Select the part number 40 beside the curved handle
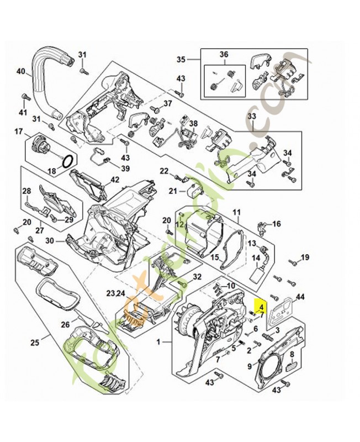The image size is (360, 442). click(x=21, y=71)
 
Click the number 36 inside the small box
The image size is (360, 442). click(x=224, y=54)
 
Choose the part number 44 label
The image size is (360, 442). click(x=300, y=298)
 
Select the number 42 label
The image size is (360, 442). click(x=115, y=180)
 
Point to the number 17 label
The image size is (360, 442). click(x=19, y=131)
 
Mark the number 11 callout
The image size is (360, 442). click(x=236, y=212)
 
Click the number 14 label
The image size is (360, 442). click(x=256, y=257)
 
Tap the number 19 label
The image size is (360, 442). click(x=305, y=257)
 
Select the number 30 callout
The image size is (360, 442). click(x=49, y=240)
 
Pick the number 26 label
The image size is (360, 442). click(x=66, y=324)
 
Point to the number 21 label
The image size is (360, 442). click(x=173, y=192)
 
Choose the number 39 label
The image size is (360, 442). click(x=126, y=169)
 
